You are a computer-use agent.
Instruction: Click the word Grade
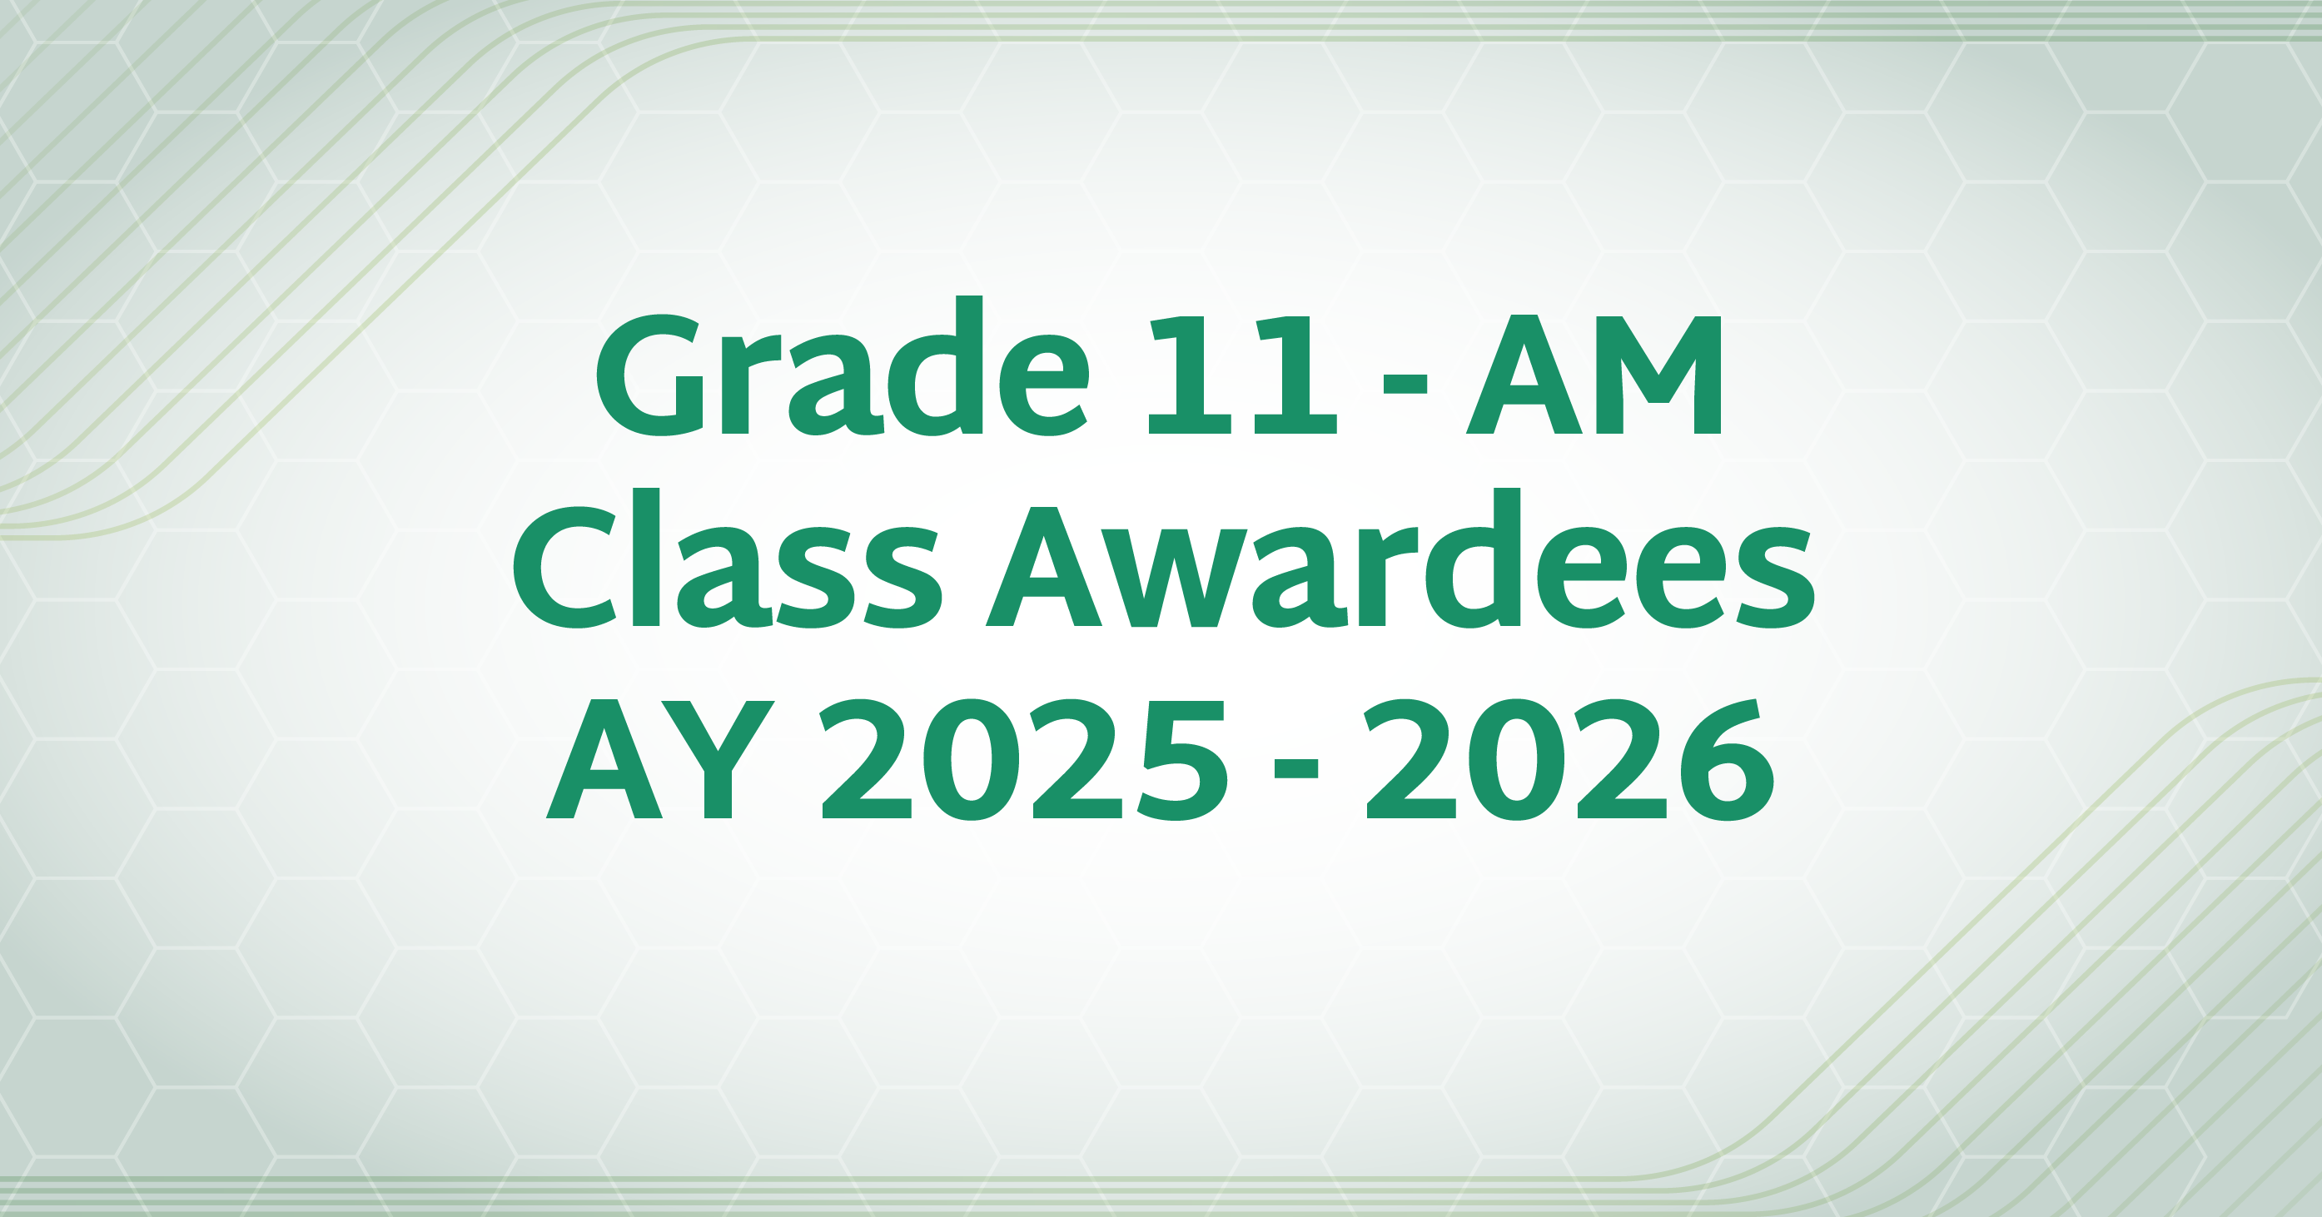click(842, 366)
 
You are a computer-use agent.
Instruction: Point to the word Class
click(728, 558)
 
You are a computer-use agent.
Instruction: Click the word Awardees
click(1400, 558)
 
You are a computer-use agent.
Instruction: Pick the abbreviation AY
click(661, 759)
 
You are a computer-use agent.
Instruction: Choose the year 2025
click(1024, 760)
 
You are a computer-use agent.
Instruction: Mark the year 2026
click(1571, 760)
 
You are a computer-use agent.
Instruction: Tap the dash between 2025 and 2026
click(1296, 767)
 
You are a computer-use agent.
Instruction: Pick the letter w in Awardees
click(1174, 578)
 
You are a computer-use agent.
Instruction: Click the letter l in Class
click(646, 557)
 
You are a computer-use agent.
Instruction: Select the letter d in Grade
click(935, 366)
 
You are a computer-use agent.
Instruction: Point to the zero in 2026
click(1518, 760)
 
